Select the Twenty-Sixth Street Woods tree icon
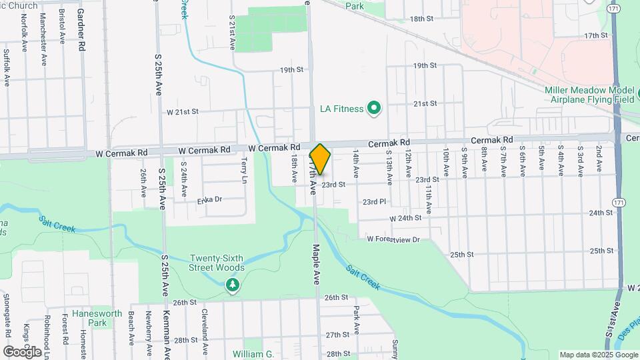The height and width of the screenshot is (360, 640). (232, 286)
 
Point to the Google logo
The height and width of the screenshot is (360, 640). (22, 351)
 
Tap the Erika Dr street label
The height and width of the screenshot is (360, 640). (209, 199)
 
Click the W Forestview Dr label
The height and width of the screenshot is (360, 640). (393, 239)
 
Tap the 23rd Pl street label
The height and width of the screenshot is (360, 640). (374, 201)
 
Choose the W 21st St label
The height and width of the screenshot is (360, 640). (183, 111)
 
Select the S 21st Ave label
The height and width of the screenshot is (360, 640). (233, 31)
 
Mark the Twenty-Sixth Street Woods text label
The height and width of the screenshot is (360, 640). (217, 263)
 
